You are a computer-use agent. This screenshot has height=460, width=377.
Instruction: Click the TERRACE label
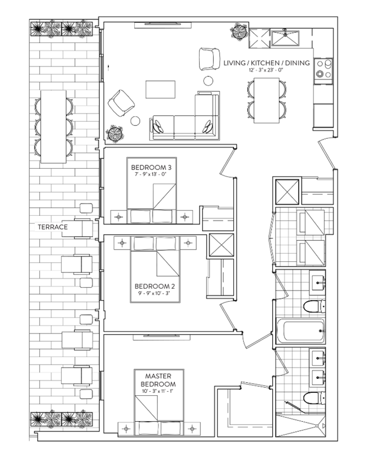(52, 227)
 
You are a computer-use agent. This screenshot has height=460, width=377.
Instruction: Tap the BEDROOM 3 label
(151, 168)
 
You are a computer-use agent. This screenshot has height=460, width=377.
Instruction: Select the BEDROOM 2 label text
(152, 286)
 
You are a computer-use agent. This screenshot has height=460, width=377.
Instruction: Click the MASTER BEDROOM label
(158, 380)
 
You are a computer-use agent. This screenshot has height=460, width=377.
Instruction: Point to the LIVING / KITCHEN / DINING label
(266, 63)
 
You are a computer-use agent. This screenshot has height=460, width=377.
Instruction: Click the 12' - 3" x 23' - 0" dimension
(266, 70)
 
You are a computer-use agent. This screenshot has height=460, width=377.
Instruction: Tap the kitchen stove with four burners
(323, 68)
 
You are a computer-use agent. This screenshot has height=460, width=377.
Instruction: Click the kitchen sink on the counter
(285, 38)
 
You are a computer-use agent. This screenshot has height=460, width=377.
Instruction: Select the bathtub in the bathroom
(301, 331)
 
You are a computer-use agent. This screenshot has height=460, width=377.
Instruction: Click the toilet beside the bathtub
(315, 306)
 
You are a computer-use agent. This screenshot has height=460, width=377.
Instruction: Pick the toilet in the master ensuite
(315, 398)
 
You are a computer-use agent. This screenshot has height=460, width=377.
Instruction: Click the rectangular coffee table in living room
(160, 89)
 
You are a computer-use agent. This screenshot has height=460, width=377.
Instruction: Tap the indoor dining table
(266, 101)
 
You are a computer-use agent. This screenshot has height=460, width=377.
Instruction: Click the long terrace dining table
(53, 126)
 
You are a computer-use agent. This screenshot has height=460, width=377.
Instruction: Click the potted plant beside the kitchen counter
(239, 31)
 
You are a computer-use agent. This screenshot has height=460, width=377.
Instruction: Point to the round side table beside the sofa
(135, 121)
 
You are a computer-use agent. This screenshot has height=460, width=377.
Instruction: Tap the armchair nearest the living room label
(210, 59)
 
